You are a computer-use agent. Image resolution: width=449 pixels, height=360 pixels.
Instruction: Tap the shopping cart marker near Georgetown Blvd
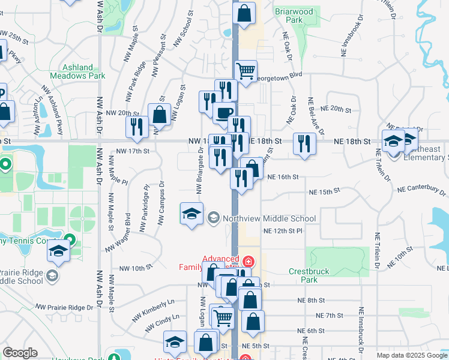[246, 71]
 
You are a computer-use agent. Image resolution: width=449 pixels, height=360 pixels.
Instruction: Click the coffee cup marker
[224, 112]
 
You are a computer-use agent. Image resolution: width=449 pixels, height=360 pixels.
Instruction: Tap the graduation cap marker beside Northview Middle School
[191, 213]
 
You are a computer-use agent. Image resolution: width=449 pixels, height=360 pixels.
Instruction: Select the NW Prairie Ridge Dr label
[68, 307]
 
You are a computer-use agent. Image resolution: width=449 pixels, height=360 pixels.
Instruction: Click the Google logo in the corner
[20, 353]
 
